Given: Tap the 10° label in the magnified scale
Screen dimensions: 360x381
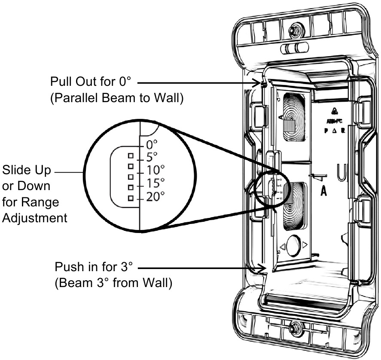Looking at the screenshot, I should coord(155,169).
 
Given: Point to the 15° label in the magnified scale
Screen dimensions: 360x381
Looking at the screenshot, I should coord(155,183).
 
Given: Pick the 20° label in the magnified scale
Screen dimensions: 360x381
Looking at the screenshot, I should coord(155,197).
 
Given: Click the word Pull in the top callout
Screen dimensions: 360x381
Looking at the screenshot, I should coord(60,82).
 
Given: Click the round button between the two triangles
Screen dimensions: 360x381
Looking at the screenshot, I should coord(293,245).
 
